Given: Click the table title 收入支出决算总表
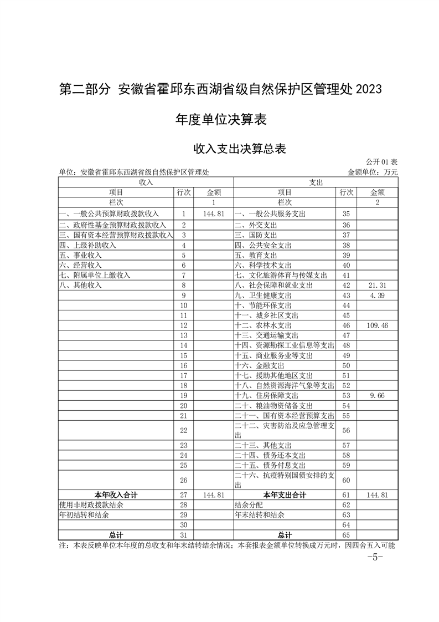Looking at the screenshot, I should tap(239, 148).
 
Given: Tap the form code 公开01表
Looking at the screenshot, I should tap(381, 162).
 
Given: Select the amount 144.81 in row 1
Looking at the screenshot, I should tap(213, 213).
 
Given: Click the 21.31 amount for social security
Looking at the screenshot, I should tap(376, 285).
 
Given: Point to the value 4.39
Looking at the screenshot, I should tap(376, 295).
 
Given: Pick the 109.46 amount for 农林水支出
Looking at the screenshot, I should tap(376, 326).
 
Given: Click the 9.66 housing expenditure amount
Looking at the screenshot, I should tap(376, 395).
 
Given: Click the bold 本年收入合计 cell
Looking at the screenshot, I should tap(116, 494).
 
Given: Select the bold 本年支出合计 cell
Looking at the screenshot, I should tap(285, 494).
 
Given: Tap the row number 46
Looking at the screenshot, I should tap(347, 326).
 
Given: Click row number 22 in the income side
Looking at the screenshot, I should tap(184, 430).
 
